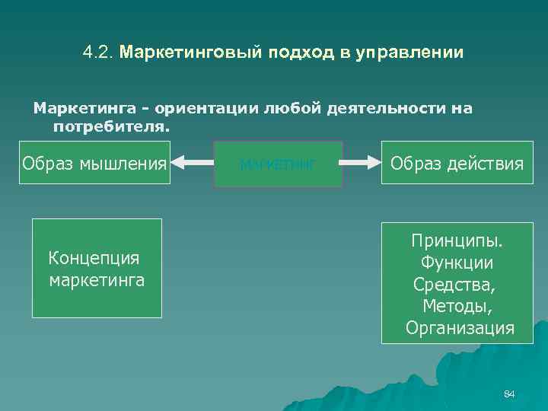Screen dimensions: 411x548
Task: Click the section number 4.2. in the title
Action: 98,53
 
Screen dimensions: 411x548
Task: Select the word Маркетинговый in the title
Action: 191,53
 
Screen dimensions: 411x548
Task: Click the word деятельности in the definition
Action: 378,109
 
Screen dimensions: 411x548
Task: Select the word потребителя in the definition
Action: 110,126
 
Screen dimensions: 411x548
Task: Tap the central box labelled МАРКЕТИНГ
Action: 278,164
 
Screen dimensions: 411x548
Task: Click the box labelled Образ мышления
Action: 94,163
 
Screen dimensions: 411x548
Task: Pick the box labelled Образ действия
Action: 457,163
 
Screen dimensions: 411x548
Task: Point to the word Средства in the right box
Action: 454,285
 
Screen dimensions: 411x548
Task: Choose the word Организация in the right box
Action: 460,328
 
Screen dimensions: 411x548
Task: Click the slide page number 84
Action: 509,394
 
